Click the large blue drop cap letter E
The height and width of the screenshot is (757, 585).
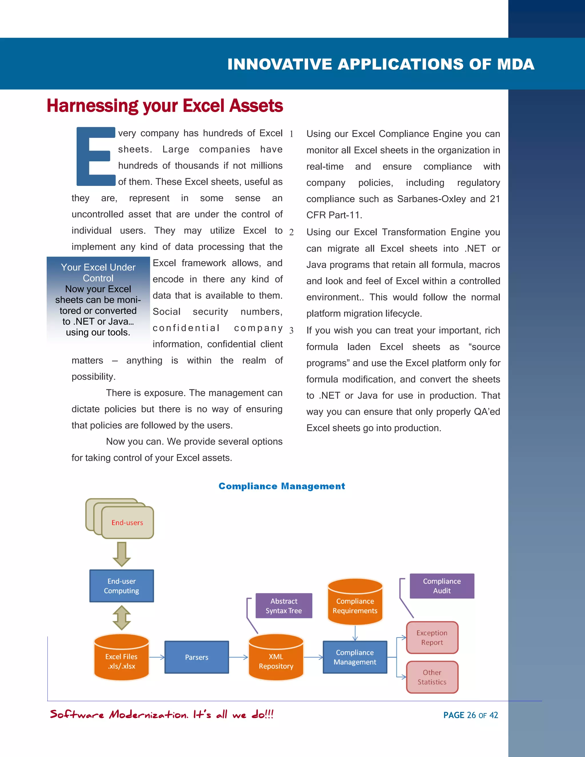point(94,156)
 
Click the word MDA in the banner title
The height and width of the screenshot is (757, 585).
point(515,65)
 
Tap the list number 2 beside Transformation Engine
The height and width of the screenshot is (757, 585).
point(291,232)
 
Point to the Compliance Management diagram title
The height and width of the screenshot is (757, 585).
point(281,486)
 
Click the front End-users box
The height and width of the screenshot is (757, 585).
point(127,522)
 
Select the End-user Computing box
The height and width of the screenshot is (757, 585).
point(122,586)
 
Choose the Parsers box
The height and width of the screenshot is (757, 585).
point(197,657)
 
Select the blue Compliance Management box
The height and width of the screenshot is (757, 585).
point(355,657)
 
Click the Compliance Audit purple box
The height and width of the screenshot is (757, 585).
point(442,586)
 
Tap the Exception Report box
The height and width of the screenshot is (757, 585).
point(432,637)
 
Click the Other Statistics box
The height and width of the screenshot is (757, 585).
point(432,677)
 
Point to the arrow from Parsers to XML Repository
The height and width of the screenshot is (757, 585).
point(239,657)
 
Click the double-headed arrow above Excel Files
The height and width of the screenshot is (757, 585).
point(122,618)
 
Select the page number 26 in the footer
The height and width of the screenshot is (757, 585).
point(471,715)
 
